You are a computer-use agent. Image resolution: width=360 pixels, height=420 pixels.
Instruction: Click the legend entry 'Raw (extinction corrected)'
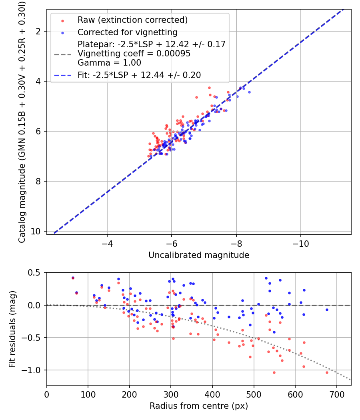[x=132, y=20]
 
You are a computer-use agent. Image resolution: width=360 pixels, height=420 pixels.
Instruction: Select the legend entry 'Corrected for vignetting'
[x=127, y=32]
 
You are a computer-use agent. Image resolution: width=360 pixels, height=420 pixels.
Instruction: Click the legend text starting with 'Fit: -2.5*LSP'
[x=139, y=75]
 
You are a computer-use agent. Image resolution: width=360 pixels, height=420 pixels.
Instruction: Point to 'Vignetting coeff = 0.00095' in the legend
[x=134, y=54]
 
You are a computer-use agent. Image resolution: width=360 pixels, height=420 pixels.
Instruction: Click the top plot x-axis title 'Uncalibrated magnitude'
[x=199, y=255]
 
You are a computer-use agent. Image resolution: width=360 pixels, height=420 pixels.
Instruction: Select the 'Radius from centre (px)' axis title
[x=199, y=406]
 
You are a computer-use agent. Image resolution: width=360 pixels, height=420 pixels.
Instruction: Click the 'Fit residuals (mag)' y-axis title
[x=12, y=329]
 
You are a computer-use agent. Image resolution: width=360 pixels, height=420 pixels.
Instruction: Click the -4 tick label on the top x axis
[x=107, y=244]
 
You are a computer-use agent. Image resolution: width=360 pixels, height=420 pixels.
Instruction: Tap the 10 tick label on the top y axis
[x=38, y=231]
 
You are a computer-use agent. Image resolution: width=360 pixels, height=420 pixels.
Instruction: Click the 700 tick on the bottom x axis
[x=336, y=394]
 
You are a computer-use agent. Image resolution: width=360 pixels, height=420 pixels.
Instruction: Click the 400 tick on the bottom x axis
[x=212, y=394]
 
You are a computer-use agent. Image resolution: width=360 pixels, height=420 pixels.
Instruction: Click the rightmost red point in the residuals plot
[x=327, y=372]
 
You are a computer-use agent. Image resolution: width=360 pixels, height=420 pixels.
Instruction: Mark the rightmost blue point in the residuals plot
[x=327, y=310]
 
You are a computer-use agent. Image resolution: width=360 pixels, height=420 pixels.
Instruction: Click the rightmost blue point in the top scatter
[x=249, y=92]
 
